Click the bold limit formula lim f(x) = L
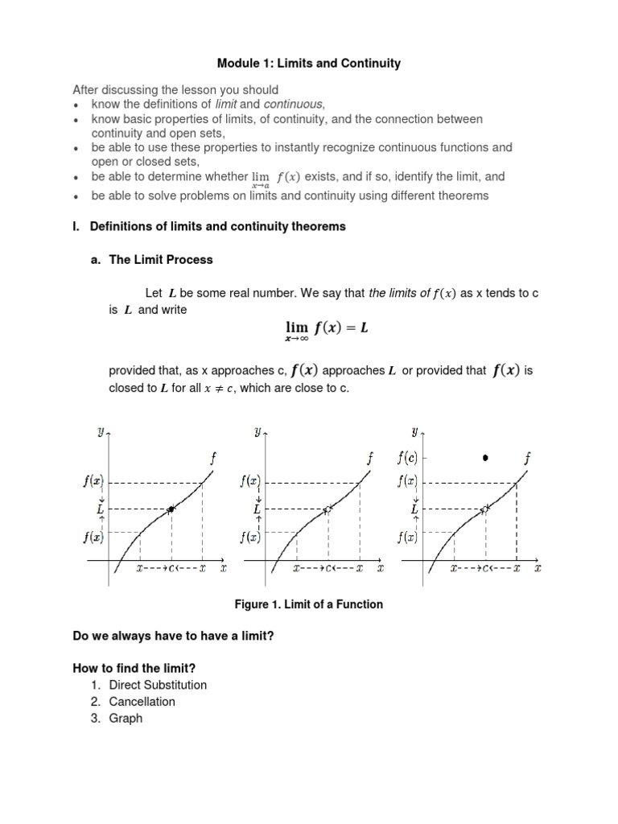(x=327, y=328)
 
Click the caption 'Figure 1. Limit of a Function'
(x=308, y=604)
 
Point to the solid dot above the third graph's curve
(x=485, y=458)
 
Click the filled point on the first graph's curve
(x=171, y=509)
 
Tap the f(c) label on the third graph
(x=407, y=458)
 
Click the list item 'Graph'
(x=126, y=718)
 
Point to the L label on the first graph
(x=98, y=509)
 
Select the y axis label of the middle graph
(x=257, y=432)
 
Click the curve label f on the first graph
(x=213, y=459)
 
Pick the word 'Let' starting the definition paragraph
(x=154, y=294)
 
